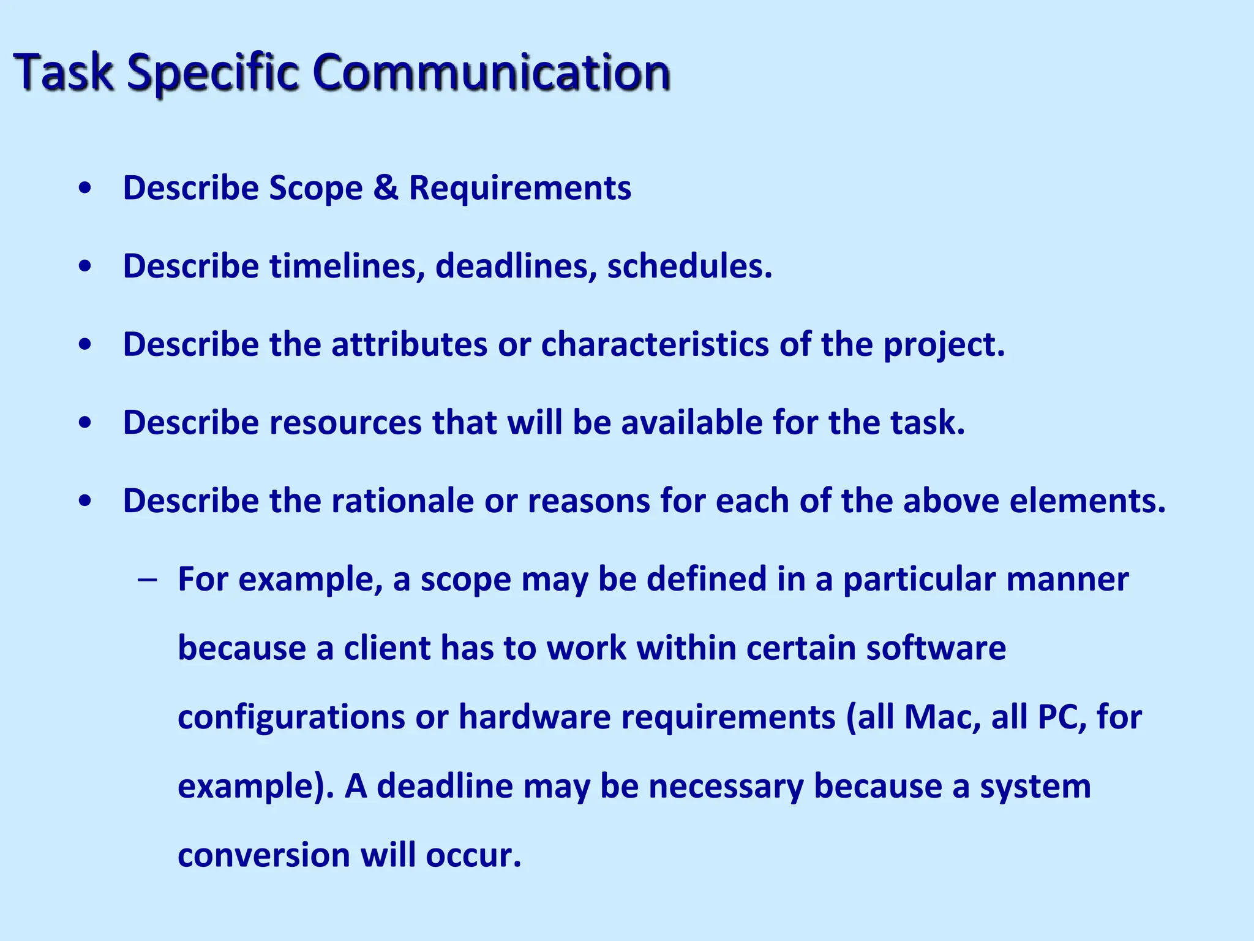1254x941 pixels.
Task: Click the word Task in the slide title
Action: pyautogui.click(x=64, y=72)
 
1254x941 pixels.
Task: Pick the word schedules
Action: pyautogui.click(x=689, y=266)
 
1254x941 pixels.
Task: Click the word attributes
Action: pyautogui.click(x=409, y=344)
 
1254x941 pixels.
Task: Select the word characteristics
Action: pyautogui.click(x=655, y=344)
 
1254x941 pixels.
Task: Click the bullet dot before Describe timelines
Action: pyautogui.click(x=86, y=266)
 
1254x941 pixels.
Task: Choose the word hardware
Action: pyautogui.click(x=535, y=717)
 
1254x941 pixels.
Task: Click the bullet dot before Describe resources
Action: pyautogui.click(x=86, y=423)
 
